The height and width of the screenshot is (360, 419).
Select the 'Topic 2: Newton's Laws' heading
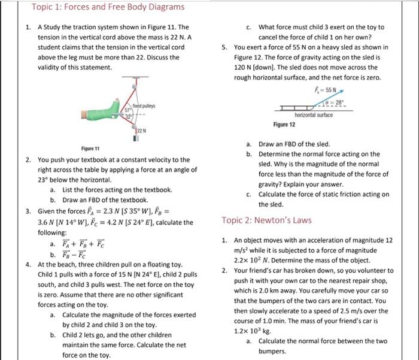pyautogui.click(x=266, y=220)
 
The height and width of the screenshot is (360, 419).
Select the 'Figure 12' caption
pyautogui.click(x=284, y=125)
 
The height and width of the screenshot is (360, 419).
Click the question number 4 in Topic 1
pyautogui.click(x=28, y=264)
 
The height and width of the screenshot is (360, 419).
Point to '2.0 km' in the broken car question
pyautogui.click(x=269, y=291)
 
